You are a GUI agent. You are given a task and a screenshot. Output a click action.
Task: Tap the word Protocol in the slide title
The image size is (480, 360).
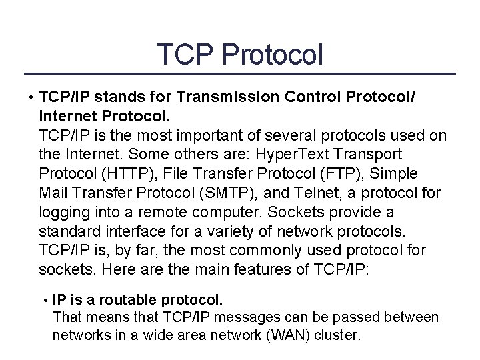click(272, 54)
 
